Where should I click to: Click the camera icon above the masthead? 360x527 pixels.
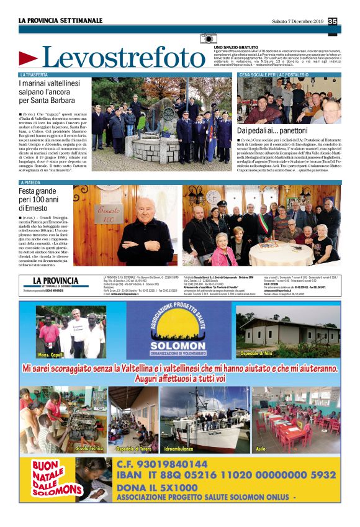point(209,39)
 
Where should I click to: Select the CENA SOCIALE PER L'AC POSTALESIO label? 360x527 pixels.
point(273,74)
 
